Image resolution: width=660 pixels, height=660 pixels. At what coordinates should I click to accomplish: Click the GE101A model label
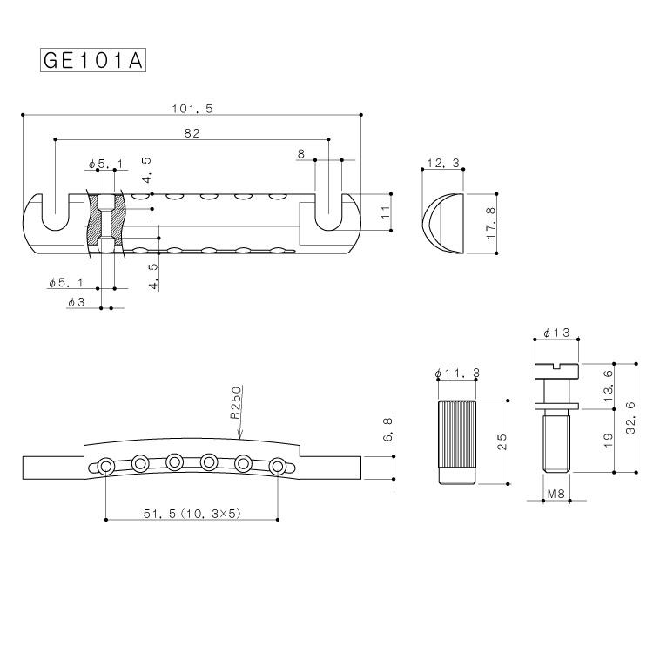point(91,60)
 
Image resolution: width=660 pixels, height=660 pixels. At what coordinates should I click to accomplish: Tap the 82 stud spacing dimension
point(192,133)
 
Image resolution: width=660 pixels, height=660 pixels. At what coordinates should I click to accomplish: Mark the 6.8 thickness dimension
point(388,430)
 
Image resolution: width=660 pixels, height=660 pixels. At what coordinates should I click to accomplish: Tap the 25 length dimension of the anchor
point(502,442)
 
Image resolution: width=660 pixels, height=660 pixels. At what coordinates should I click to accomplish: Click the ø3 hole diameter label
point(76,302)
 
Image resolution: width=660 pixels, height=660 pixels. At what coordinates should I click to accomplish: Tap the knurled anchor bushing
point(457,441)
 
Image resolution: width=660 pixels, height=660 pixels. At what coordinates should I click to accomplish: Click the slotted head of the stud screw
point(557,371)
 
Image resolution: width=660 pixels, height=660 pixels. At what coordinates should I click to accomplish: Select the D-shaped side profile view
point(443,224)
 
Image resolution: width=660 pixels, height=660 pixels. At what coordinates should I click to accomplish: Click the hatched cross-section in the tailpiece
point(105,226)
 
